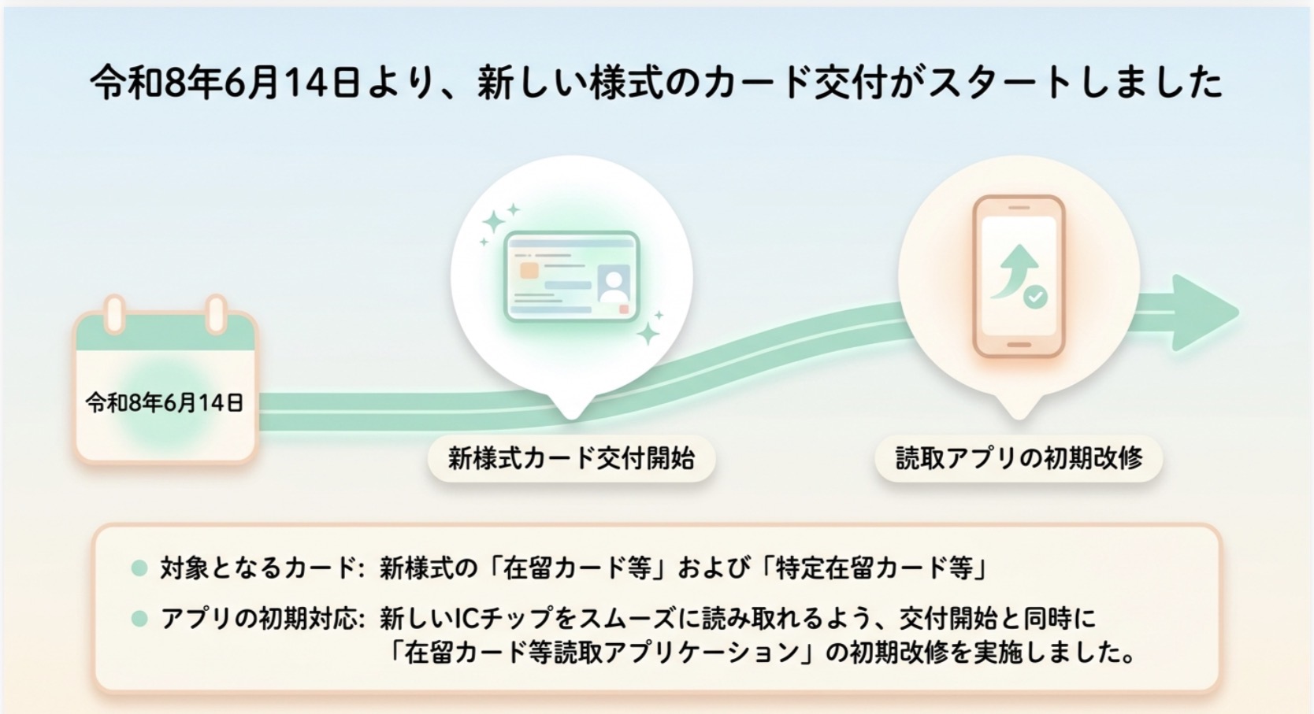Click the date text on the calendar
coord(164,403)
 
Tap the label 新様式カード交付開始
coord(571,458)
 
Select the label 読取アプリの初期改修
coord(1019,458)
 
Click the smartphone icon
coord(1019,276)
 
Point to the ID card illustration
coord(571,276)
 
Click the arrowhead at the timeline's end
coord(1204,313)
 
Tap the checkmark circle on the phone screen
coord(1035,297)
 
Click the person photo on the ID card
coord(614,283)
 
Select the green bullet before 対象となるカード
coord(139,568)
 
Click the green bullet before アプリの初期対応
coord(139,619)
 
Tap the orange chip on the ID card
coord(529,271)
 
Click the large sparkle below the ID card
coord(649,334)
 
